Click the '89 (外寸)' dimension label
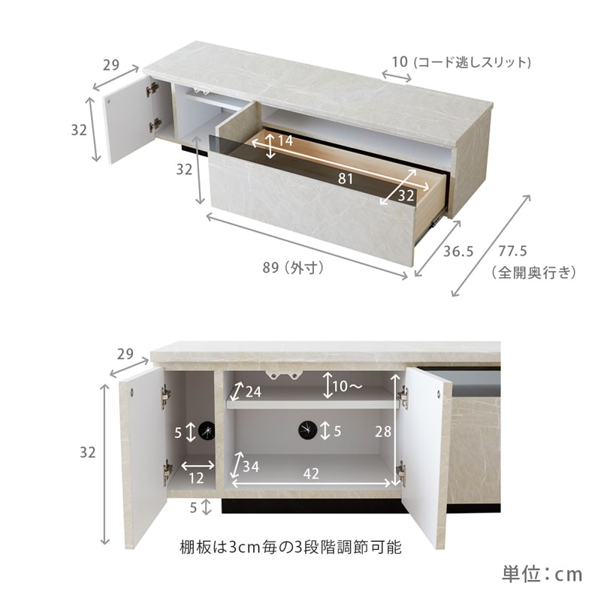click(x=293, y=267)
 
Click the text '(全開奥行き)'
click(x=534, y=272)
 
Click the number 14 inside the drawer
click(x=284, y=141)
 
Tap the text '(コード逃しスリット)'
click(x=473, y=62)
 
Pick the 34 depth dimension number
click(x=252, y=467)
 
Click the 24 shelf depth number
click(x=252, y=391)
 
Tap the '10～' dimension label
click(x=347, y=386)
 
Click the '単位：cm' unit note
click(x=542, y=575)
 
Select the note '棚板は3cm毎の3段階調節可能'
click(x=290, y=547)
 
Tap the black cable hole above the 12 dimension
click(x=207, y=430)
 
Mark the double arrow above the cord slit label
click(x=396, y=75)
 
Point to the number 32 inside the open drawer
click(x=406, y=195)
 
